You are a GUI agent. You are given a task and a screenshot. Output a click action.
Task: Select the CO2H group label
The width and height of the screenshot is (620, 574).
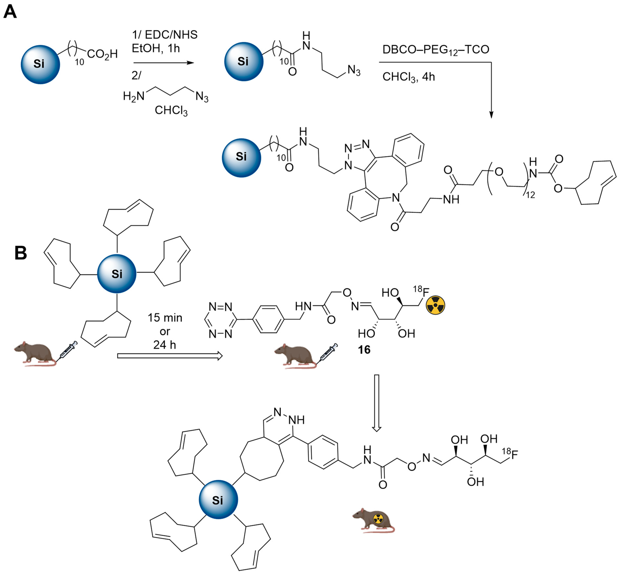[x=102, y=54]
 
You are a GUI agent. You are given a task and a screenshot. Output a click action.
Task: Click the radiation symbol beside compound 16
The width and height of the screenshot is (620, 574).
[x=435, y=305]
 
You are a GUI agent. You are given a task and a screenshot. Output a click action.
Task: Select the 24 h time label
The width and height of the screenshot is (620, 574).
[x=165, y=345]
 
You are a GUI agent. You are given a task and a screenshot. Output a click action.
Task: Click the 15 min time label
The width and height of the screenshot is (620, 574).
[x=165, y=318]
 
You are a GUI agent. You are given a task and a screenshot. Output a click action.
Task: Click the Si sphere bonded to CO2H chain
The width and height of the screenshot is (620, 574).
[x=40, y=64]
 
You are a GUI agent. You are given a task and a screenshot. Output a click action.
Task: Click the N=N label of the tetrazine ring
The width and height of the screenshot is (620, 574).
[x=220, y=307]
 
